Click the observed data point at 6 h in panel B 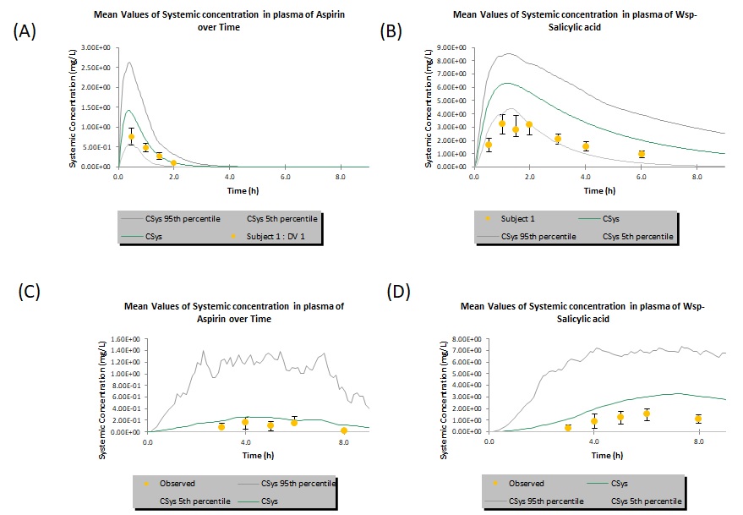tap(642, 154)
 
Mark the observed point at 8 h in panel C tap(343, 430)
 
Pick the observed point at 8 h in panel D tap(698, 419)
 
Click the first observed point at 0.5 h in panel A tap(131, 136)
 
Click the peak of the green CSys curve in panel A tap(128, 110)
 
